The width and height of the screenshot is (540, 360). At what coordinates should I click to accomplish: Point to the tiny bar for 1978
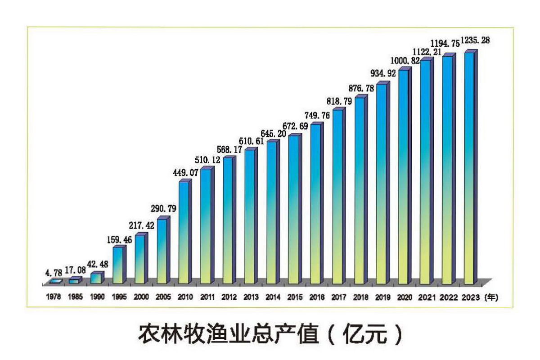click(x=55, y=281)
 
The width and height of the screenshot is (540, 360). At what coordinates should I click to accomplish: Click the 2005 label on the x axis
click(x=163, y=297)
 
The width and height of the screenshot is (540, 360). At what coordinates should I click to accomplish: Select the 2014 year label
click(x=272, y=297)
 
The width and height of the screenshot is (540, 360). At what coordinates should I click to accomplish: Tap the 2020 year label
click(x=404, y=297)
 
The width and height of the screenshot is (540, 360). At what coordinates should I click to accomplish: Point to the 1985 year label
click(x=75, y=297)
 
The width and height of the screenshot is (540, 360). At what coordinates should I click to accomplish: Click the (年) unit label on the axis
click(x=490, y=297)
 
